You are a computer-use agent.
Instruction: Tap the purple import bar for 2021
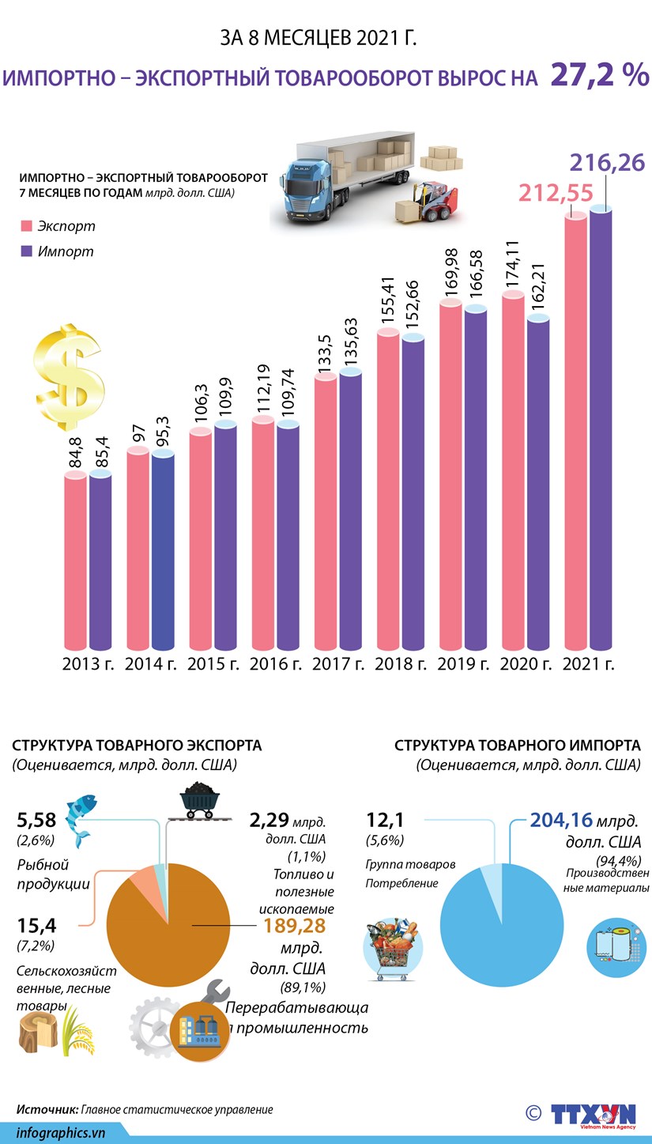point(601,427)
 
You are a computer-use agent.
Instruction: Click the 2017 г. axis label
point(338,663)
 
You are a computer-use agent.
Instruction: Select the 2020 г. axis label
point(526,663)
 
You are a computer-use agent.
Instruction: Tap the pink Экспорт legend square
point(25,226)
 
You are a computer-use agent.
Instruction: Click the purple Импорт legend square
point(25,251)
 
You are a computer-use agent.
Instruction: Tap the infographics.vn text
point(61,1131)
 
